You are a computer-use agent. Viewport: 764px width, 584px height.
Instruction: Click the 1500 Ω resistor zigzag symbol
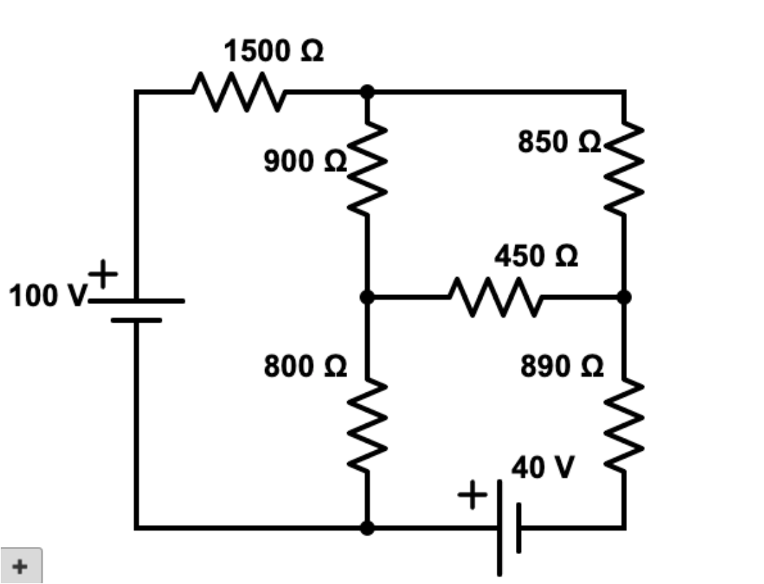tap(239, 92)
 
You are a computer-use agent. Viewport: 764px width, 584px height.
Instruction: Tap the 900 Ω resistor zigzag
tap(368, 167)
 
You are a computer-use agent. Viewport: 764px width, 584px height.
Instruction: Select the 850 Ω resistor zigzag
tap(624, 167)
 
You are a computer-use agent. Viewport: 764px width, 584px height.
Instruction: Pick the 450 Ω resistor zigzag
tap(495, 296)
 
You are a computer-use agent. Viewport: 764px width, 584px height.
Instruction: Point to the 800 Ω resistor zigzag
tap(368, 426)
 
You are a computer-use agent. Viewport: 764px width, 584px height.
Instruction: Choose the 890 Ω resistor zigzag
tap(624, 426)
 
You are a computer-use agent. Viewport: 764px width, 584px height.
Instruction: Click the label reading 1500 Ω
tap(274, 52)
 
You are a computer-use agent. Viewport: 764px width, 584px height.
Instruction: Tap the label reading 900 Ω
tap(305, 162)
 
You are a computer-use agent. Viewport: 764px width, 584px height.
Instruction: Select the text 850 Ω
tap(559, 142)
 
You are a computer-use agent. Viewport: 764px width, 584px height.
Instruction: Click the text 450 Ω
tap(536, 256)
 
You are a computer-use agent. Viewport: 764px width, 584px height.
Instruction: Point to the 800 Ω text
tap(305, 367)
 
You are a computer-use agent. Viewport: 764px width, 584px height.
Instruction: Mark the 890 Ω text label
tap(562, 367)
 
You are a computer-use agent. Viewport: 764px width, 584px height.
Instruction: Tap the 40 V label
tap(542, 468)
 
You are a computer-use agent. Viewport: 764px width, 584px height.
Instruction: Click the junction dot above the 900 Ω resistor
tap(367, 92)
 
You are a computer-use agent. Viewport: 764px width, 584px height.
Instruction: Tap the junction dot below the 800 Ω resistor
tap(367, 528)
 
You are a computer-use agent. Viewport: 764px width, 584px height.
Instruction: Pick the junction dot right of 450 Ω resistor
tap(624, 296)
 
